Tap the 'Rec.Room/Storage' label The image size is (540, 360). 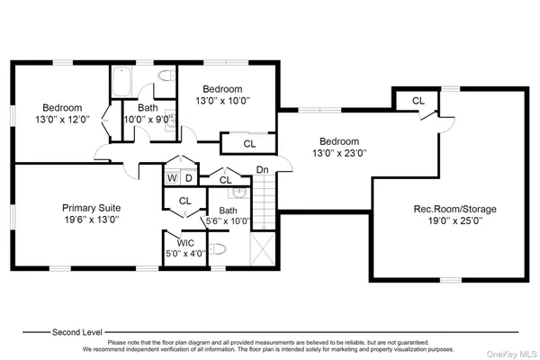(x=454, y=209)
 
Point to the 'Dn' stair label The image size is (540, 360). (x=262, y=170)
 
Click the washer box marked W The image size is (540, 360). (x=170, y=178)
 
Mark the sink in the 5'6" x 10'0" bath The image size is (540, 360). (x=238, y=192)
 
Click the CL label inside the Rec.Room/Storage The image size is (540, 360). (x=418, y=101)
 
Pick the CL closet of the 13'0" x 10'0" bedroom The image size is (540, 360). (x=248, y=142)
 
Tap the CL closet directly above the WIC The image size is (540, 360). (x=185, y=201)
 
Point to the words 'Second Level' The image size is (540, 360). (x=76, y=331)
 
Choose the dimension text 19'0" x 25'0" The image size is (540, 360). (x=454, y=221)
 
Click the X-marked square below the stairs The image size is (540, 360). (x=263, y=247)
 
